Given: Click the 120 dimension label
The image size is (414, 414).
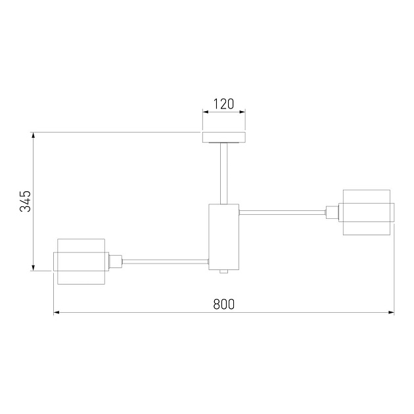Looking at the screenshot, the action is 223,104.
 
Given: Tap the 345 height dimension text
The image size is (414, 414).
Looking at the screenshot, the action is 26,201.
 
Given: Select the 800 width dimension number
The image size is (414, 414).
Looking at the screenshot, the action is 223,304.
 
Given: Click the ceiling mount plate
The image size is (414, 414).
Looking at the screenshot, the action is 224,137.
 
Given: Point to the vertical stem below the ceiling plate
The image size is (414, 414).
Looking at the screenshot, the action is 224,173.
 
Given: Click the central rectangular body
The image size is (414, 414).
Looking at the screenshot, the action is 224,237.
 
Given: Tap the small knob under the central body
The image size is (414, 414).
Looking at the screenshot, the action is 224,271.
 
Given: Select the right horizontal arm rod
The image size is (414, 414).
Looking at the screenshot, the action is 282,212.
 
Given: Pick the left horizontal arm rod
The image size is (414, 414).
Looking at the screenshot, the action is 166,262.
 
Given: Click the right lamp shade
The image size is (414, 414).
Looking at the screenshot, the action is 367,212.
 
